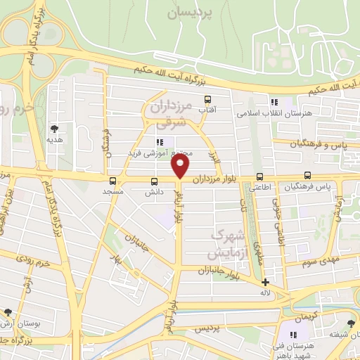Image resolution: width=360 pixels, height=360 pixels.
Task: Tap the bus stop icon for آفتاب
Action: click(207, 99)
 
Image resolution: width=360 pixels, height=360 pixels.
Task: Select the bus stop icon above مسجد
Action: click(113, 180)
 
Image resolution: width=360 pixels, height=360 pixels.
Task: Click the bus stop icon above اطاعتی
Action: click(260, 176)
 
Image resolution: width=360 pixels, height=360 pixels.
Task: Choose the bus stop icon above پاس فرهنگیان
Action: click(307, 176)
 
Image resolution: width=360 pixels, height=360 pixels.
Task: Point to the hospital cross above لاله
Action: click(265, 282)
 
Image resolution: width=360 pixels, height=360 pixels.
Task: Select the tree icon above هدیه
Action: click(54, 129)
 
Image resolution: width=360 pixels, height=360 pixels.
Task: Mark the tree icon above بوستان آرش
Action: click(8, 311)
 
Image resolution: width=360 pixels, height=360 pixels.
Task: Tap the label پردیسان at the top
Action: click(191, 13)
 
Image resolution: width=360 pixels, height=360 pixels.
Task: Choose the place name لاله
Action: click(265, 292)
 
